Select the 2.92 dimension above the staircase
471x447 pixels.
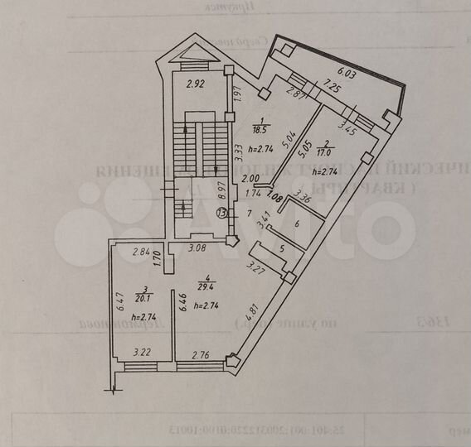(194, 84)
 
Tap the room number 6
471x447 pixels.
(297, 223)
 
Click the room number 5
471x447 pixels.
(281, 248)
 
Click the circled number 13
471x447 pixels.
(221, 214)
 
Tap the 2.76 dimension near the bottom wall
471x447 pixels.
(202, 355)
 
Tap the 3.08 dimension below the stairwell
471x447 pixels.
(196, 248)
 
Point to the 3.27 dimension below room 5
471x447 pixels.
(258, 268)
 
